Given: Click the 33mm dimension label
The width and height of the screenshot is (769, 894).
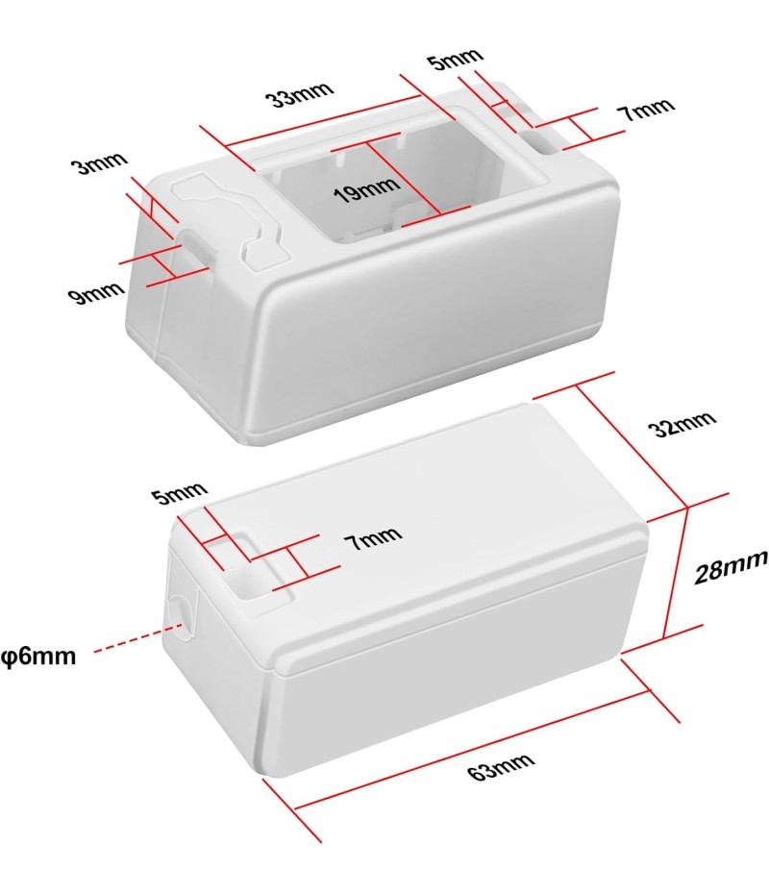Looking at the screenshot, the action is (299, 94).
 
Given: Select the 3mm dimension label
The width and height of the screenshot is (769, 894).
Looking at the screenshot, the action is (99, 163).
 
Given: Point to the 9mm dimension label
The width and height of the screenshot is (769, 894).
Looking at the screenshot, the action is (96, 292).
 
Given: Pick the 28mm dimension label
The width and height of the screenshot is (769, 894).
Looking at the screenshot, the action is (731, 567).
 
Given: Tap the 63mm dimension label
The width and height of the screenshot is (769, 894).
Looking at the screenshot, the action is (501, 766).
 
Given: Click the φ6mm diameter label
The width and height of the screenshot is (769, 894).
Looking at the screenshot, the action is (38, 656).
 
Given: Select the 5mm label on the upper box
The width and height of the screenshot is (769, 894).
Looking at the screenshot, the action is (457, 58).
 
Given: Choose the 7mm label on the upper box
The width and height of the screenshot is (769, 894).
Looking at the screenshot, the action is (647, 109).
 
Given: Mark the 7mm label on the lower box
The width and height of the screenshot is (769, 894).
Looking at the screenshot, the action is (373, 537).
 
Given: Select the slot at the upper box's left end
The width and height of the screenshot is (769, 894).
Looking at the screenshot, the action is (197, 250).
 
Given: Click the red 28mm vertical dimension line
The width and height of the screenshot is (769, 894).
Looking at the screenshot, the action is (676, 572).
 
